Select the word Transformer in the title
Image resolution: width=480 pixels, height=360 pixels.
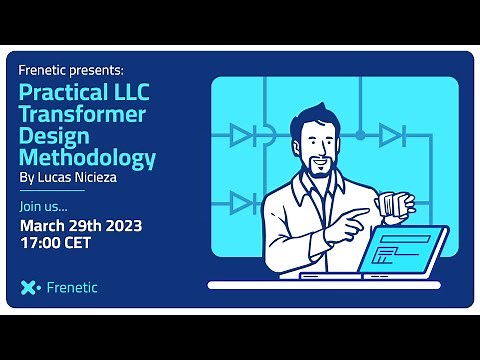click(x=83, y=115)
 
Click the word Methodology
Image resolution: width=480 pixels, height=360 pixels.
click(x=88, y=158)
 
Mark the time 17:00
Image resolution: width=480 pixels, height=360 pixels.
click(x=43, y=243)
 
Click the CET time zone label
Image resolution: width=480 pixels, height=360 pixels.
click(x=87, y=243)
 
